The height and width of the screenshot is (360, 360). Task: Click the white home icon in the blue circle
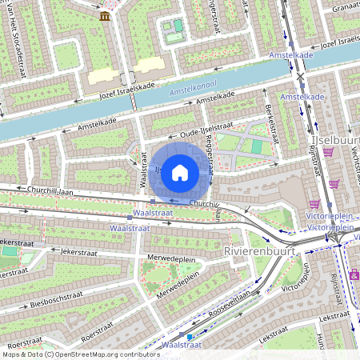180,171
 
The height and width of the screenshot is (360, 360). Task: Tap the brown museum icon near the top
105,16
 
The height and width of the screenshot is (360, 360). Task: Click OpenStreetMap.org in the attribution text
88,354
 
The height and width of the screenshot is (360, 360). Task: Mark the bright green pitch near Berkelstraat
256,146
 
